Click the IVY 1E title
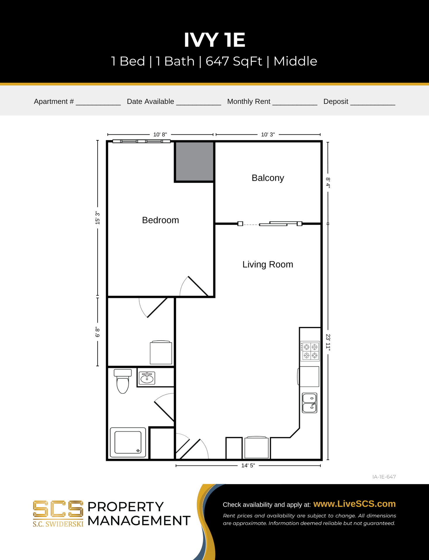(214, 40)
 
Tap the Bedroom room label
(160, 220)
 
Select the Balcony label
(268, 178)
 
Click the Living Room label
(268, 265)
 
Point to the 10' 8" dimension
(160, 134)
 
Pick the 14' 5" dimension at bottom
(248, 466)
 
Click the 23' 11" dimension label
(328, 342)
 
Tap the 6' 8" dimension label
(98, 332)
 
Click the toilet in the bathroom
(123, 381)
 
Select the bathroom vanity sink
(147, 378)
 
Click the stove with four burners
(310, 351)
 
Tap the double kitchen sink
(309, 403)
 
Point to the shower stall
(128, 442)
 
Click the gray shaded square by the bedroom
(194, 161)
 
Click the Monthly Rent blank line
(295, 102)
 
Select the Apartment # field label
(54, 101)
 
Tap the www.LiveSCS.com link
(354, 504)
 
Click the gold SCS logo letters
(58, 509)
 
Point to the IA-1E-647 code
(384, 477)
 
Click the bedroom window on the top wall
(141, 141)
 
